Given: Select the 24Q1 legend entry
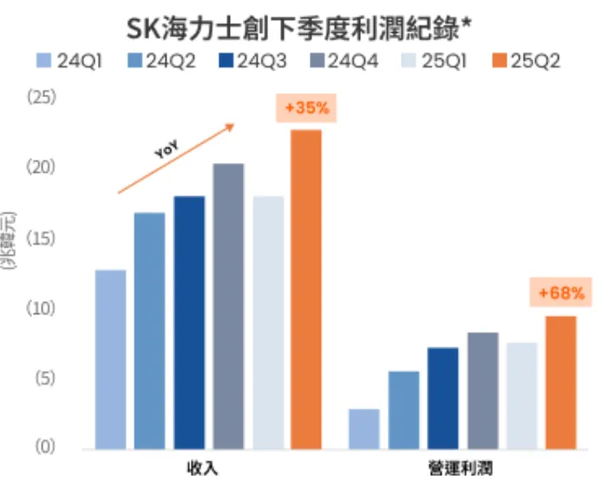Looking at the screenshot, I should tap(69, 62).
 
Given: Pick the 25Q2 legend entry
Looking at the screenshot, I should tap(524, 62).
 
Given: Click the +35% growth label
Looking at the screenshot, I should tap(306, 108).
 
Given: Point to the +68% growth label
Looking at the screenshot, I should tap(560, 293).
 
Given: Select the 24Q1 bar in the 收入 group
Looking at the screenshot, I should tap(110, 359).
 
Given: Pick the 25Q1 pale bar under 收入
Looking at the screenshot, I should tap(267, 322).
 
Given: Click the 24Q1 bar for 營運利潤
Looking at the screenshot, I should tap(364, 429).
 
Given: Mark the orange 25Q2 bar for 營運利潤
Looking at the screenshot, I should tap(560, 382).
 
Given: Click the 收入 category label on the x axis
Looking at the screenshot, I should tap(203, 470).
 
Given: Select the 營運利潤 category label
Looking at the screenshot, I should tap(461, 470).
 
